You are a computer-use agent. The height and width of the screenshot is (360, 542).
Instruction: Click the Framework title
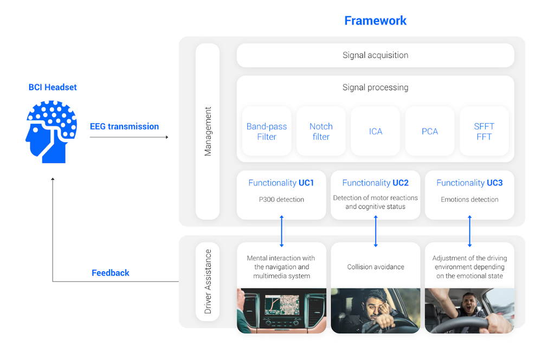pyautogui.click(x=375, y=21)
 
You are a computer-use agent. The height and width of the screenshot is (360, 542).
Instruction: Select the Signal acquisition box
pyautogui.click(x=375, y=55)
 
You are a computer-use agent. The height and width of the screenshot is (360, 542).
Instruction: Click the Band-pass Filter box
pyautogui.click(x=267, y=131)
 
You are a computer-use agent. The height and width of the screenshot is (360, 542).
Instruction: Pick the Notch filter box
pyautogui.click(x=321, y=131)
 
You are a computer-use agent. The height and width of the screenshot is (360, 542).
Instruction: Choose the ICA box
pyautogui.click(x=375, y=131)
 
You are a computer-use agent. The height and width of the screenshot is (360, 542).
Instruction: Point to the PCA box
pyautogui.click(x=430, y=131)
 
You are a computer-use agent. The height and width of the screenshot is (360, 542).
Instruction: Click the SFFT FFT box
pyautogui.click(x=484, y=131)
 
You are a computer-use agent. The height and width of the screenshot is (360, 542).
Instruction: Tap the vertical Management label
pyautogui.click(x=208, y=131)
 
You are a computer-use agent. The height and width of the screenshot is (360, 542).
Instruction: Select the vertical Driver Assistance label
pyautogui.click(x=208, y=281)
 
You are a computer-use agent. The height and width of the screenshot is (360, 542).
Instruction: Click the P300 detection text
pyautogui.click(x=281, y=200)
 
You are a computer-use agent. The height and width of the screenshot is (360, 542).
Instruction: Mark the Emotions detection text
pyautogui.click(x=469, y=200)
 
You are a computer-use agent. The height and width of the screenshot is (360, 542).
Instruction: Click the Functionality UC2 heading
pyautogui.click(x=375, y=183)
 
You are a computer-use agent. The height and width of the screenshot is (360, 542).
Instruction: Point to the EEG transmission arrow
pyautogui.click(x=129, y=137)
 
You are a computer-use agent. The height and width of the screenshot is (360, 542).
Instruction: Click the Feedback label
pyautogui.click(x=111, y=273)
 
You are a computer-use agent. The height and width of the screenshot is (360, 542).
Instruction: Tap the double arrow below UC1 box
pyautogui.click(x=281, y=231)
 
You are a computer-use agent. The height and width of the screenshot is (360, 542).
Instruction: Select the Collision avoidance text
pyautogui.click(x=375, y=267)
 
